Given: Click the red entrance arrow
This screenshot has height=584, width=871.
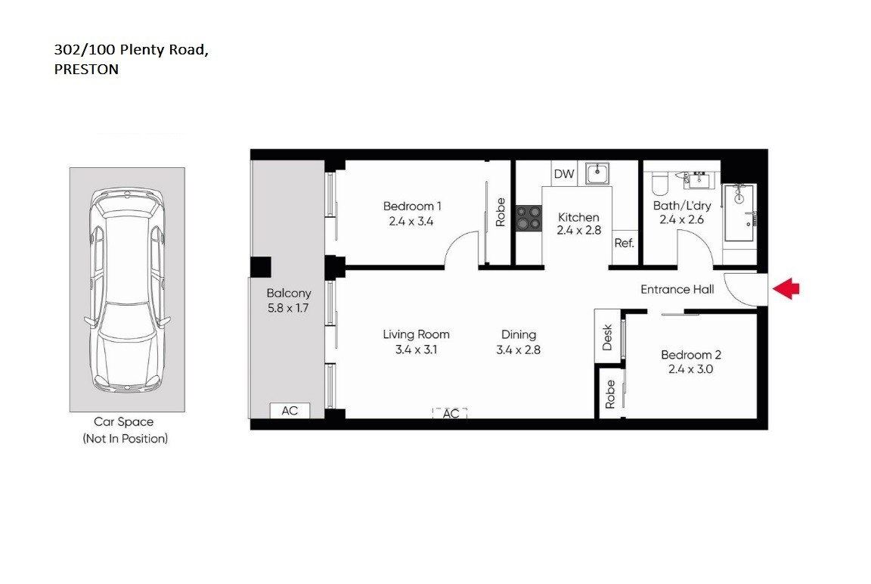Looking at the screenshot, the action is (786, 289).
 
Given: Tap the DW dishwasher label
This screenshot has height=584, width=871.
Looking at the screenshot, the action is (564, 174).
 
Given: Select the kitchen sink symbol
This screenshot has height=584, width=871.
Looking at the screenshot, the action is (597, 173).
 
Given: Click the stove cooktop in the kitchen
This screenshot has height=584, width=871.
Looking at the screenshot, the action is (528, 218).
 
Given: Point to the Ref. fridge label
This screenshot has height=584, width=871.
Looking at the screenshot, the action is (624, 243).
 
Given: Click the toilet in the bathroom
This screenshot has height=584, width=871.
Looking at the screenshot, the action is (659, 182).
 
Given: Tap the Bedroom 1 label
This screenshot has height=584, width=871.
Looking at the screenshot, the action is (412, 207).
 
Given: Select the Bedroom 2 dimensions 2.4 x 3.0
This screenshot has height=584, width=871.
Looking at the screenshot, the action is (690, 369).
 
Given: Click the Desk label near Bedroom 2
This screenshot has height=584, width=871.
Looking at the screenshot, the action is (607, 337).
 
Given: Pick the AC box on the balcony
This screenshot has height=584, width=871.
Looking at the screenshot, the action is (290, 411).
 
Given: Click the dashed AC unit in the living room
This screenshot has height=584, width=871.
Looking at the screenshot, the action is (451, 413).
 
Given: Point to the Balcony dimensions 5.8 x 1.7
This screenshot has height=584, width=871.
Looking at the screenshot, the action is (288, 308).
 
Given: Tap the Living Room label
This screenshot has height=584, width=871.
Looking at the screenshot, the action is (416, 334).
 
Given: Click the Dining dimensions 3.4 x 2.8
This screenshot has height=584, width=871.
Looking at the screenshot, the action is (518, 349).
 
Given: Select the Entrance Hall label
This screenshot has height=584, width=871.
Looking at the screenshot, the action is (677, 289).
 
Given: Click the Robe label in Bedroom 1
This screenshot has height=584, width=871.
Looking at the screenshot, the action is (500, 213).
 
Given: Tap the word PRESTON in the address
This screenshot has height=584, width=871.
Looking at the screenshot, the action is (86, 70).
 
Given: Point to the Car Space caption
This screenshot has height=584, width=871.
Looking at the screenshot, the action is (124, 422).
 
